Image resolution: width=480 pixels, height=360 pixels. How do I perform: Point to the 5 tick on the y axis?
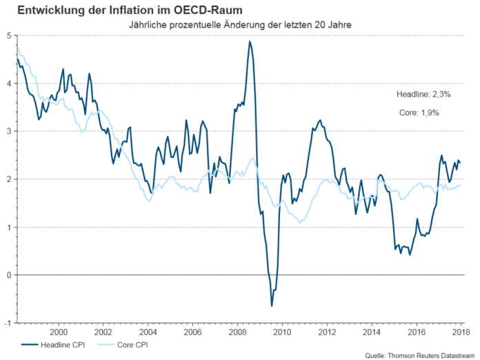[8, 35]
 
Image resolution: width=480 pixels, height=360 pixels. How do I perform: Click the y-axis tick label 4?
[8, 83]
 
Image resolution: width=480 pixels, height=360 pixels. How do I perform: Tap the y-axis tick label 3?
[8, 131]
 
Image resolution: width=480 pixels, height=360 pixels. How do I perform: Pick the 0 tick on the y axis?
[8, 275]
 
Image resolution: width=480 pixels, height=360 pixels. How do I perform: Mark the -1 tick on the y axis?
[6, 323]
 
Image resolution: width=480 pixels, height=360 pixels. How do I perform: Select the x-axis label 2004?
[147, 331]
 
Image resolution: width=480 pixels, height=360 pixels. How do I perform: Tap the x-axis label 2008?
[237, 331]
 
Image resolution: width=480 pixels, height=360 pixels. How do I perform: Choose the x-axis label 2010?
[281, 331]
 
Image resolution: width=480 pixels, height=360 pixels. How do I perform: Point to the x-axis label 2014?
[371, 331]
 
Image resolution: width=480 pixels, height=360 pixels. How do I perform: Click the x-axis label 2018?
[461, 331]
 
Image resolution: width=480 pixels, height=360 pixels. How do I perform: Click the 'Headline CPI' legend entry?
[55, 343]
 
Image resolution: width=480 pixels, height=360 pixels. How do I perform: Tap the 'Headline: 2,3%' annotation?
[418, 94]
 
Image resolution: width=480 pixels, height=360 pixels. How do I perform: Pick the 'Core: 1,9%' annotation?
[418, 112]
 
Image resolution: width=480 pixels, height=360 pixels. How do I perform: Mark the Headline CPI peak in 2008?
[250, 41]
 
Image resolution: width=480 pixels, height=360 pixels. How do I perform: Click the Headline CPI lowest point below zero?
[272, 306]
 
